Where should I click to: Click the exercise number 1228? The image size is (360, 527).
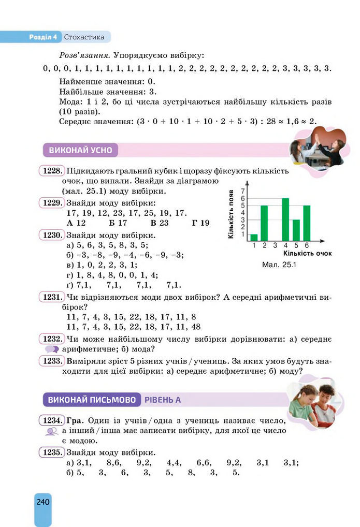click(x=52, y=170)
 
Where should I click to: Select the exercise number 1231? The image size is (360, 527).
click(x=52, y=297)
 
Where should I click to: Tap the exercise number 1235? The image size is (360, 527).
click(x=52, y=451)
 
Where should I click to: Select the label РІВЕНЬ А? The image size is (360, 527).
click(x=163, y=400)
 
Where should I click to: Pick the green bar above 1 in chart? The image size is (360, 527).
click(x=254, y=237)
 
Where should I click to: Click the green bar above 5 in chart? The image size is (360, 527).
click(x=296, y=230)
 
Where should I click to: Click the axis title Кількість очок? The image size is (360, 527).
click(x=308, y=254)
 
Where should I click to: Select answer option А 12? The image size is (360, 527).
click(x=76, y=223)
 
